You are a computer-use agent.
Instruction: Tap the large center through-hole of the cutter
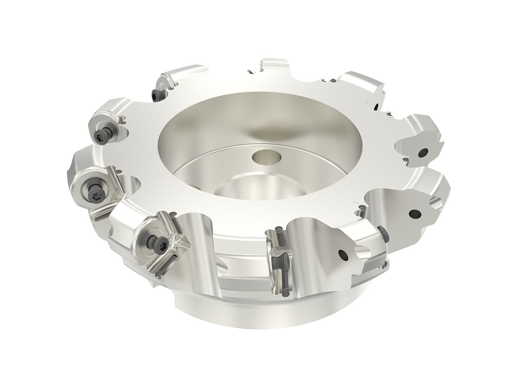239,190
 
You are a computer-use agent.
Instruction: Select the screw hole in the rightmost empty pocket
414,213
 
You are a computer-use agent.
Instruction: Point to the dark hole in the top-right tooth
376,106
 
